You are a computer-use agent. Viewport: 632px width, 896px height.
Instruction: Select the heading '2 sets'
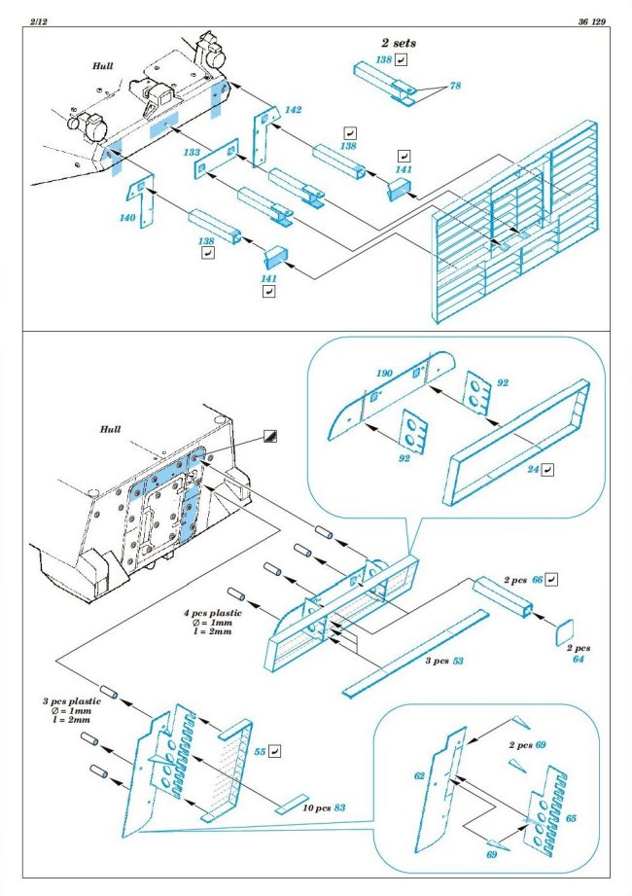(401, 43)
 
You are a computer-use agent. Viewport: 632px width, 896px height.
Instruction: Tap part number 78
(454, 88)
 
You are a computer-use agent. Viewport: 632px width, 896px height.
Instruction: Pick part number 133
(192, 153)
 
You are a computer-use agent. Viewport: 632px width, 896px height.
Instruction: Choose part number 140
(127, 218)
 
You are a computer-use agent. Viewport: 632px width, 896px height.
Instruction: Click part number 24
(532, 469)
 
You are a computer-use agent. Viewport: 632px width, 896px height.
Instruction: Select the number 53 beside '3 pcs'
(459, 662)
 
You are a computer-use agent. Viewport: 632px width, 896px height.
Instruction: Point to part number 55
(260, 752)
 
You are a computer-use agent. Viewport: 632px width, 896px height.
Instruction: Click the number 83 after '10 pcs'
(339, 808)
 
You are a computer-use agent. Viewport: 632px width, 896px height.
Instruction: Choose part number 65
(570, 818)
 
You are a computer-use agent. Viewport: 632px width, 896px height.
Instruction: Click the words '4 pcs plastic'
(212, 614)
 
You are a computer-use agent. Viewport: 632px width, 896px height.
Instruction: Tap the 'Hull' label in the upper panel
(103, 66)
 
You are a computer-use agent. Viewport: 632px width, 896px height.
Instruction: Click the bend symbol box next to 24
(548, 469)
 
